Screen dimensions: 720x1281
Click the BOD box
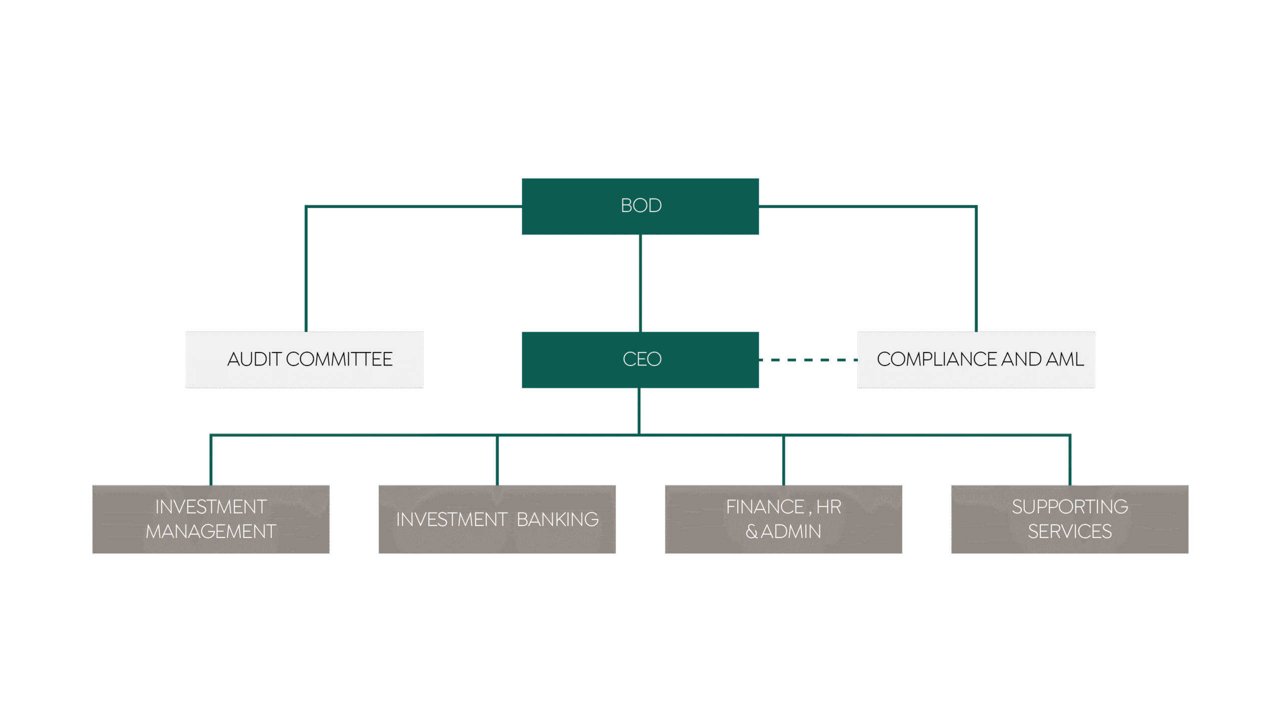(x=640, y=206)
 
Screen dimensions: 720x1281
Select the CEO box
(x=640, y=359)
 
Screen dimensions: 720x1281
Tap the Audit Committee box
(x=304, y=359)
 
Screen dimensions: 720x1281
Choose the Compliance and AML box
(x=976, y=359)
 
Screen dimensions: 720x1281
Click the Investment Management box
(x=211, y=519)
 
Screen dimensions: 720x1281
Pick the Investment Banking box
(x=497, y=519)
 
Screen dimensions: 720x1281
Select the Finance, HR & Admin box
(x=783, y=519)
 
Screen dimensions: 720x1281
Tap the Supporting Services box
(x=1070, y=519)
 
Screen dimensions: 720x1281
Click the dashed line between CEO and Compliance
(x=808, y=359)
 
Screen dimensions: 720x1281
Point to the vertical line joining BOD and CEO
(x=640, y=283)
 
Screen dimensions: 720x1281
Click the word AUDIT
(x=254, y=359)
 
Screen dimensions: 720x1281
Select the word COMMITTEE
(x=339, y=359)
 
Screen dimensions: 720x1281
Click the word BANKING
(x=557, y=519)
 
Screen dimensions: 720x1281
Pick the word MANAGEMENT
(x=211, y=531)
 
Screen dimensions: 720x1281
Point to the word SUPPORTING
(x=1070, y=507)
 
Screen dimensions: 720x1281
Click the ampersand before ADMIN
(x=751, y=531)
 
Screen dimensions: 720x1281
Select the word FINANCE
(x=765, y=507)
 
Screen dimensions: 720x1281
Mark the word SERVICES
(x=1070, y=531)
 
